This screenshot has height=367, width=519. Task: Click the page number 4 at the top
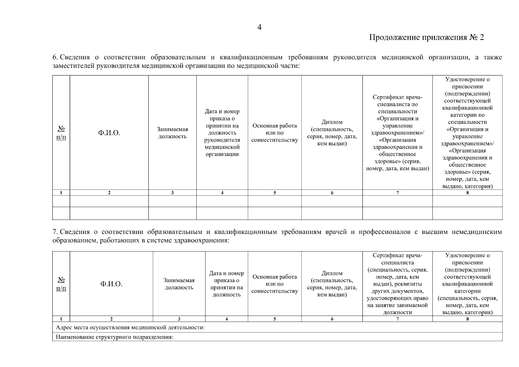(259, 28)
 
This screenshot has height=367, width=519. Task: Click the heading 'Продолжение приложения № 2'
(427, 38)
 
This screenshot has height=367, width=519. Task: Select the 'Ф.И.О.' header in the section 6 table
(109, 133)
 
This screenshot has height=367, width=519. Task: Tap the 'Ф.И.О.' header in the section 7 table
(111, 284)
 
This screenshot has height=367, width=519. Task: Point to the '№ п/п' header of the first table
(61, 133)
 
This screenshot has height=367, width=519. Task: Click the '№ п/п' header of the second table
(61, 284)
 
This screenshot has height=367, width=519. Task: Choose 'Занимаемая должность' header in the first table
(172, 133)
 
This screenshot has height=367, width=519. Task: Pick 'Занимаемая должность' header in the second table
(179, 284)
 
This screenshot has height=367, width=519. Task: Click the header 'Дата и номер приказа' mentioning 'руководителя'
(222, 133)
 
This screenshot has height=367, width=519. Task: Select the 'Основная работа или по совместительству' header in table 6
(275, 133)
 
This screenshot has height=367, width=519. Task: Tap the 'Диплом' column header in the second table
(332, 284)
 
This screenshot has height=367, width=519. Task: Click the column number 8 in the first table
(467, 193)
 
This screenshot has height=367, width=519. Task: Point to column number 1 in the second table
(61, 319)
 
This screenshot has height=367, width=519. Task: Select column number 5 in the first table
(275, 193)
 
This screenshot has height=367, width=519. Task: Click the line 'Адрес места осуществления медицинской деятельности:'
(130, 328)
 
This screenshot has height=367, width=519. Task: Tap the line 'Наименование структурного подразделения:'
(115, 338)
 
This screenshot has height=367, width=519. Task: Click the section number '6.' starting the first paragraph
(55, 57)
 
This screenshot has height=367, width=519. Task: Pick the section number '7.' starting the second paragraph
(55, 232)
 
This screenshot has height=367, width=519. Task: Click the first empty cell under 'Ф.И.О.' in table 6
(109, 201)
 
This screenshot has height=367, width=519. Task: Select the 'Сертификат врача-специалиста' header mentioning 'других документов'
(397, 284)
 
